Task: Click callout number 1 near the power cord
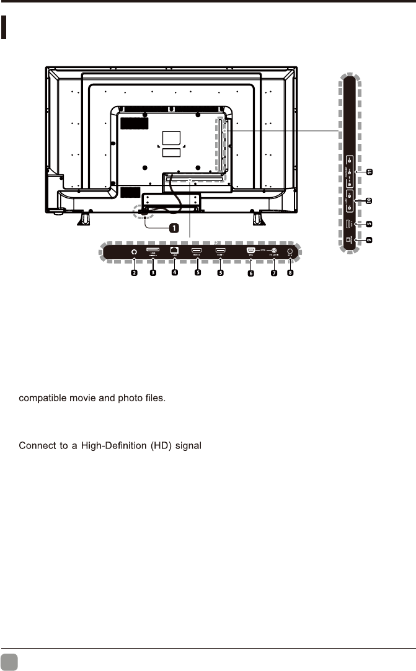tap(174, 228)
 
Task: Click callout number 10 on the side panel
tap(368, 200)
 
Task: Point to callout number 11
tap(368, 171)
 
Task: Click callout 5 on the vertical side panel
tap(368, 222)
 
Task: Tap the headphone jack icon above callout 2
tap(134, 252)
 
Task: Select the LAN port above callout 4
tap(175, 251)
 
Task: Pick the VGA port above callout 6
tap(250, 251)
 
